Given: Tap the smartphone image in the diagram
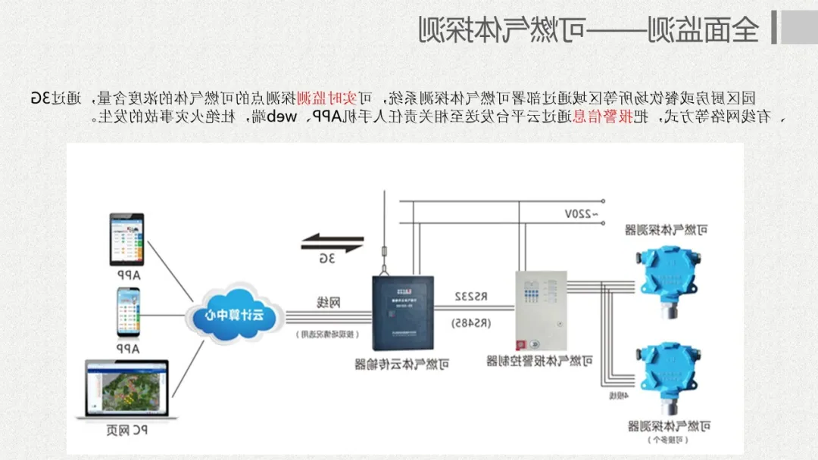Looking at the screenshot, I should click(127, 312).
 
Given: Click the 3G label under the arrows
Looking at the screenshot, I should click(327, 259).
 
